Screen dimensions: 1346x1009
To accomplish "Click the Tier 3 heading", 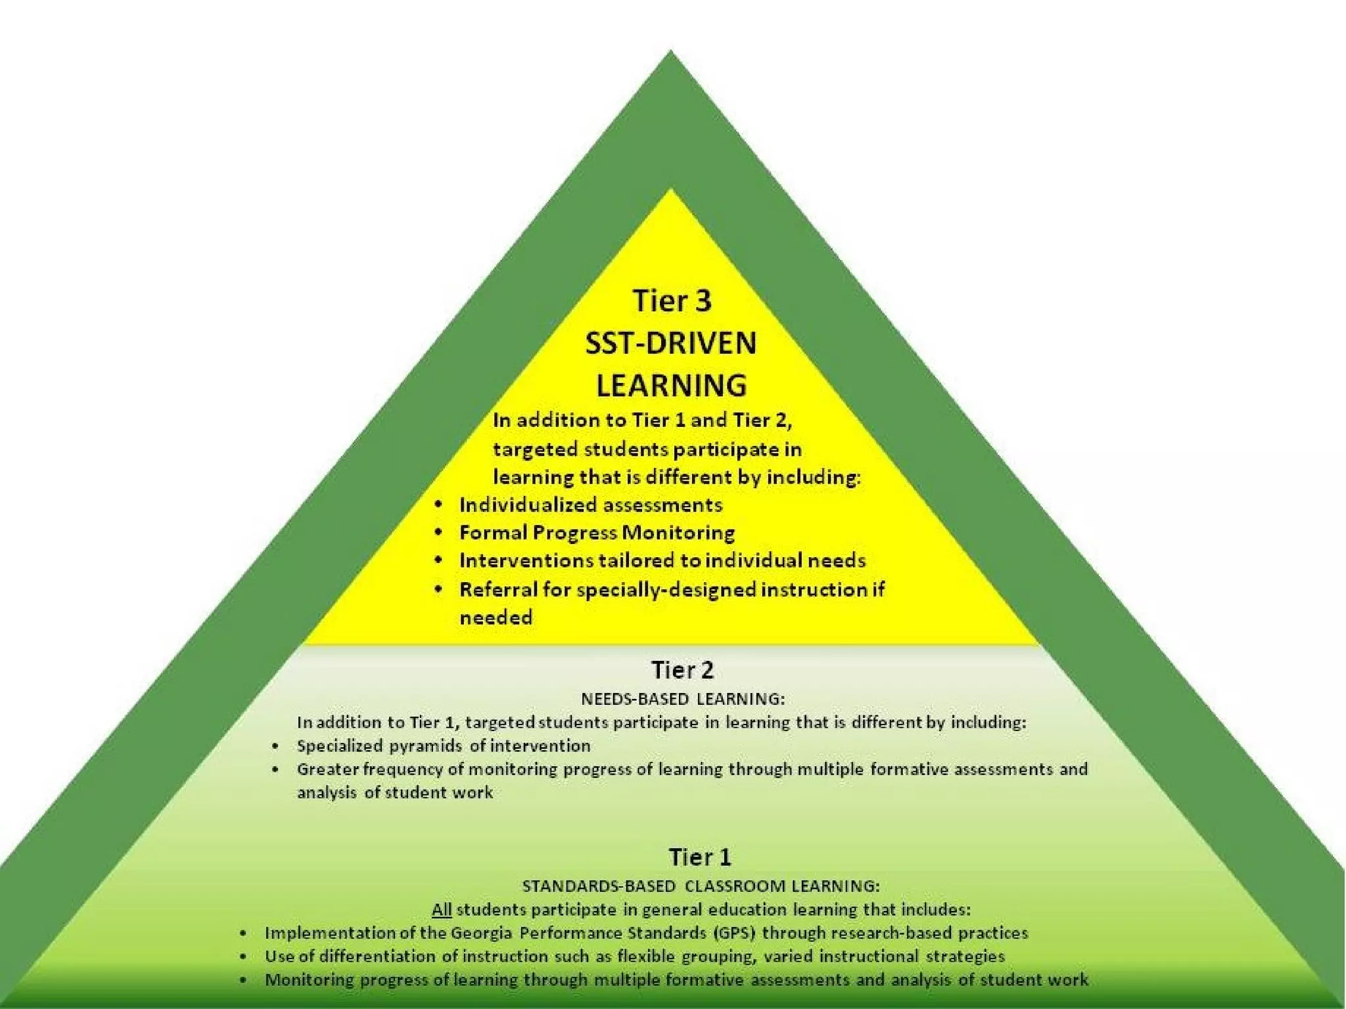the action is click(672, 301).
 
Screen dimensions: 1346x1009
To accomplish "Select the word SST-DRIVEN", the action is click(671, 344).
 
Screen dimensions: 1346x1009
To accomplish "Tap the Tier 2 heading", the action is click(682, 670).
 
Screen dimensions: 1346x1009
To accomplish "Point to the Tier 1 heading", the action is click(700, 857).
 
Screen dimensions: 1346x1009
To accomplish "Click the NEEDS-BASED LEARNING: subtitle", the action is click(682, 698).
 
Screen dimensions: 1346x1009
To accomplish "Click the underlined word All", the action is click(441, 910).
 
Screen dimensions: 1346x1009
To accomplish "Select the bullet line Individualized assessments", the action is click(590, 504).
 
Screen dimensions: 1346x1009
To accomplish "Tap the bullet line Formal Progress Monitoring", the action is click(597, 533).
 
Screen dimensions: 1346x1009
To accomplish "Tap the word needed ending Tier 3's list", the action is click(496, 617).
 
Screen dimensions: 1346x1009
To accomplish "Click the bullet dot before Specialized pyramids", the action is click(275, 746).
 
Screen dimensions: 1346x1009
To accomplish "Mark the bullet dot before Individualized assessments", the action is click(438, 504).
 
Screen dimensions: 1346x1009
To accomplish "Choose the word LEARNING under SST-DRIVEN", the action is click(671, 385).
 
